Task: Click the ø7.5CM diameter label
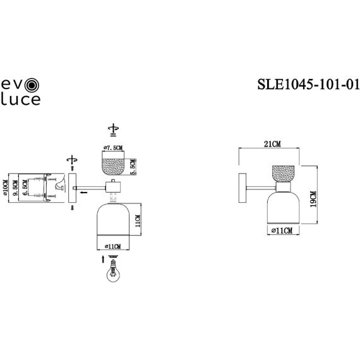[x=114, y=148]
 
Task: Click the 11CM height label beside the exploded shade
[x=138, y=222]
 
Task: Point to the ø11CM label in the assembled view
[x=280, y=232]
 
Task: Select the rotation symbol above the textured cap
[x=114, y=128]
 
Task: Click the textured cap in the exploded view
[x=114, y=165]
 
